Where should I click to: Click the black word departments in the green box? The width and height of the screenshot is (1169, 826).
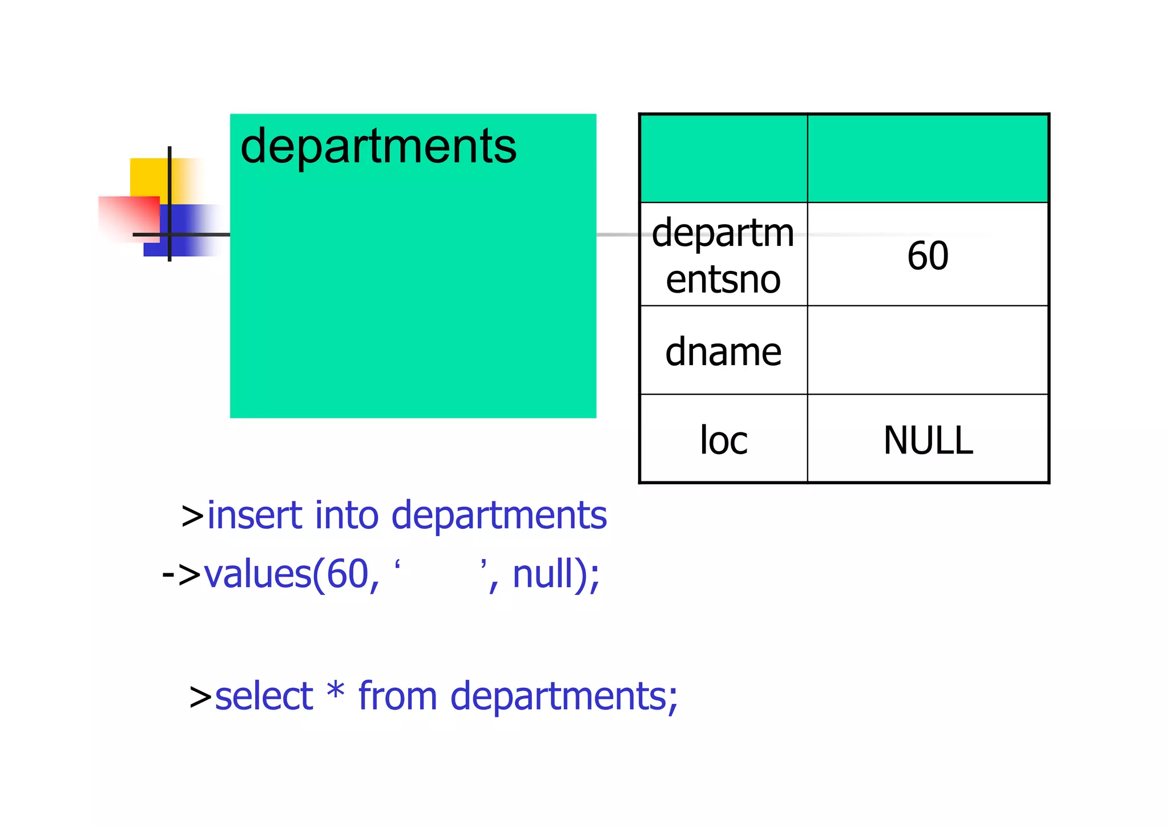378,147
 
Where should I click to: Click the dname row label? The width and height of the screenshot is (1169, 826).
723,351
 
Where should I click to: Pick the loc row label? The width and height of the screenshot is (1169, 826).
723,440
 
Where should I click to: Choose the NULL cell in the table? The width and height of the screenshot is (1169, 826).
928,440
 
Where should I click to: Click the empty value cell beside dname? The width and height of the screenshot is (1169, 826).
928,350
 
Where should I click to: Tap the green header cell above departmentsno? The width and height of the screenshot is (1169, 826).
723,159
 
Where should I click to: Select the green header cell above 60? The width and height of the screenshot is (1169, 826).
928,159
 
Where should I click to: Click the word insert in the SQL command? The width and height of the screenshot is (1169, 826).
254,515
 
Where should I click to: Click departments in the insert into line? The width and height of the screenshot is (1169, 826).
499,516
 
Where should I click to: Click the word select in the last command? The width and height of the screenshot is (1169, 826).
264,697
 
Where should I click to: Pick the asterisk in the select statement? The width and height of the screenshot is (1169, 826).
336,691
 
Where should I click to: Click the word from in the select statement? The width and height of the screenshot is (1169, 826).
397,697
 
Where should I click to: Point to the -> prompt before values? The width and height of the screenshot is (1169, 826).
181,574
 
